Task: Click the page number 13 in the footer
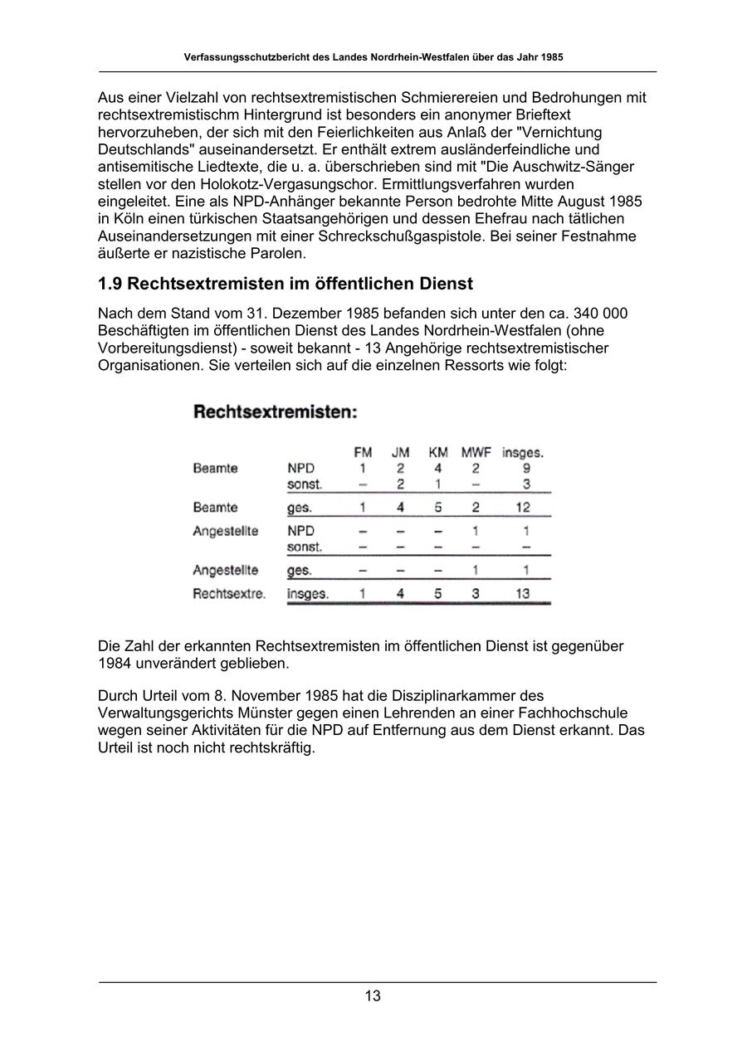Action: (x=373, y=996)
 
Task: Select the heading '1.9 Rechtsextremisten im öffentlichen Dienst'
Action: (x=286, y=284)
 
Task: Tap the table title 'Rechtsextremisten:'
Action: (x=276, y=411)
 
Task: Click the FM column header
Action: (x=363, y=453)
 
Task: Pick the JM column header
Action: (x=400, y=453)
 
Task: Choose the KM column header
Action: (x=438, y=453)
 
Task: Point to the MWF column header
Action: (x=476, y=453)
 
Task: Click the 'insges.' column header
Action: (x=523, y=453)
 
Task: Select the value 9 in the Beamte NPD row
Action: (x=526, y=469)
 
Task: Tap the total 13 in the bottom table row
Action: (x=522, y=594)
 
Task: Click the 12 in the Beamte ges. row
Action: (x=522, y=508)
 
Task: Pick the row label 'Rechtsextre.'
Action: (x=229, y=594)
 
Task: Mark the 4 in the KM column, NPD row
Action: (x=438, y=469)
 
